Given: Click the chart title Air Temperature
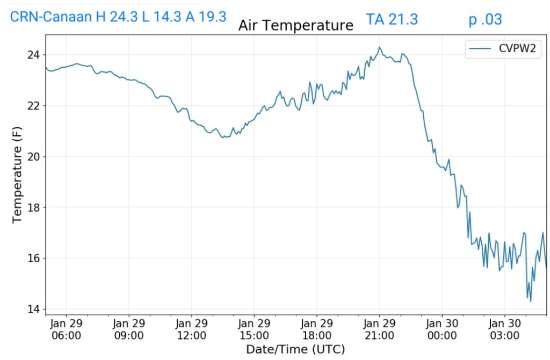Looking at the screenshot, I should (296, 25).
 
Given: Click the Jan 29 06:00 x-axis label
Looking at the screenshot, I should (66, 329).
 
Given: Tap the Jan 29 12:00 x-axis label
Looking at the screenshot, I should (191, 329).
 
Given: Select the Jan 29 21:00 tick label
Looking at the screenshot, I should (379, 329).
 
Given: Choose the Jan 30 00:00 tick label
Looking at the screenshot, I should (442, 329).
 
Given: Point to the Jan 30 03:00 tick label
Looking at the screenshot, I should (504, 329).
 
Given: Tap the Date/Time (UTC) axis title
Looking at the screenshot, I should (295, 350).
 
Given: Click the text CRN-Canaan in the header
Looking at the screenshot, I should (50, 17).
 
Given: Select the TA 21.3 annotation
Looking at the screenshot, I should (392, 20).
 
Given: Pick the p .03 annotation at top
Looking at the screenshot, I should (485, 20).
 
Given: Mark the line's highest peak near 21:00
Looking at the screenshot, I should (379, 47).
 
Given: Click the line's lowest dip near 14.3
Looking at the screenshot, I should (531, 301).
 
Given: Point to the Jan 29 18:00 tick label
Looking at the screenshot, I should (316, 329).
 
